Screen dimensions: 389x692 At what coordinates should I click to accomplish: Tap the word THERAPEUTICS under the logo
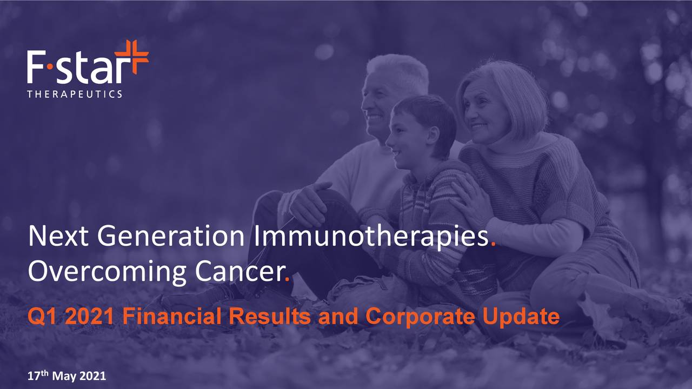[75, 94]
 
